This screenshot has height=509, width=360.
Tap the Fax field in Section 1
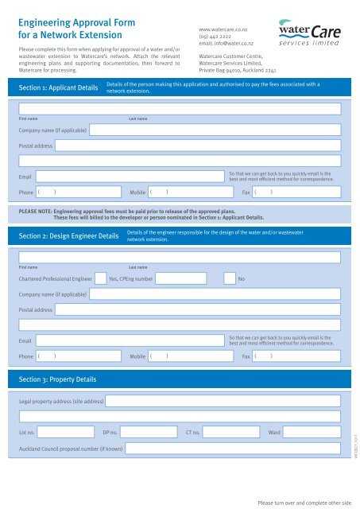(297, 192)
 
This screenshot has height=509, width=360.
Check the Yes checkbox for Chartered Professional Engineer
(101, 278)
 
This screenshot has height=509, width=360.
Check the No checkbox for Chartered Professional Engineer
(229, 278)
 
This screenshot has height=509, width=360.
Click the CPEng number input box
(184, 278)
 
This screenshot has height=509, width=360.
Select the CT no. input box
(233, 433)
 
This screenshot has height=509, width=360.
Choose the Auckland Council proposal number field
(234, 450)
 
